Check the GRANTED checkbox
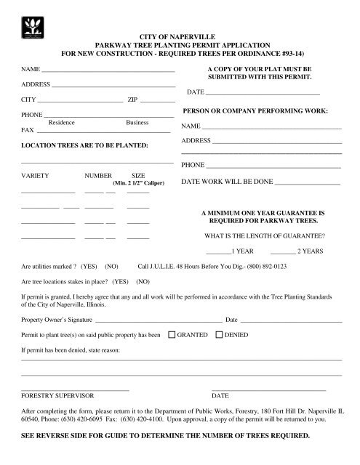[172, 336]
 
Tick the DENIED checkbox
[220, 336]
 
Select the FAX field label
[28, 130]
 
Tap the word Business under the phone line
[137, 123]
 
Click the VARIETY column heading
[36, 177]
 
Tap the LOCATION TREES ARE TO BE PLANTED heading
[85, 146]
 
